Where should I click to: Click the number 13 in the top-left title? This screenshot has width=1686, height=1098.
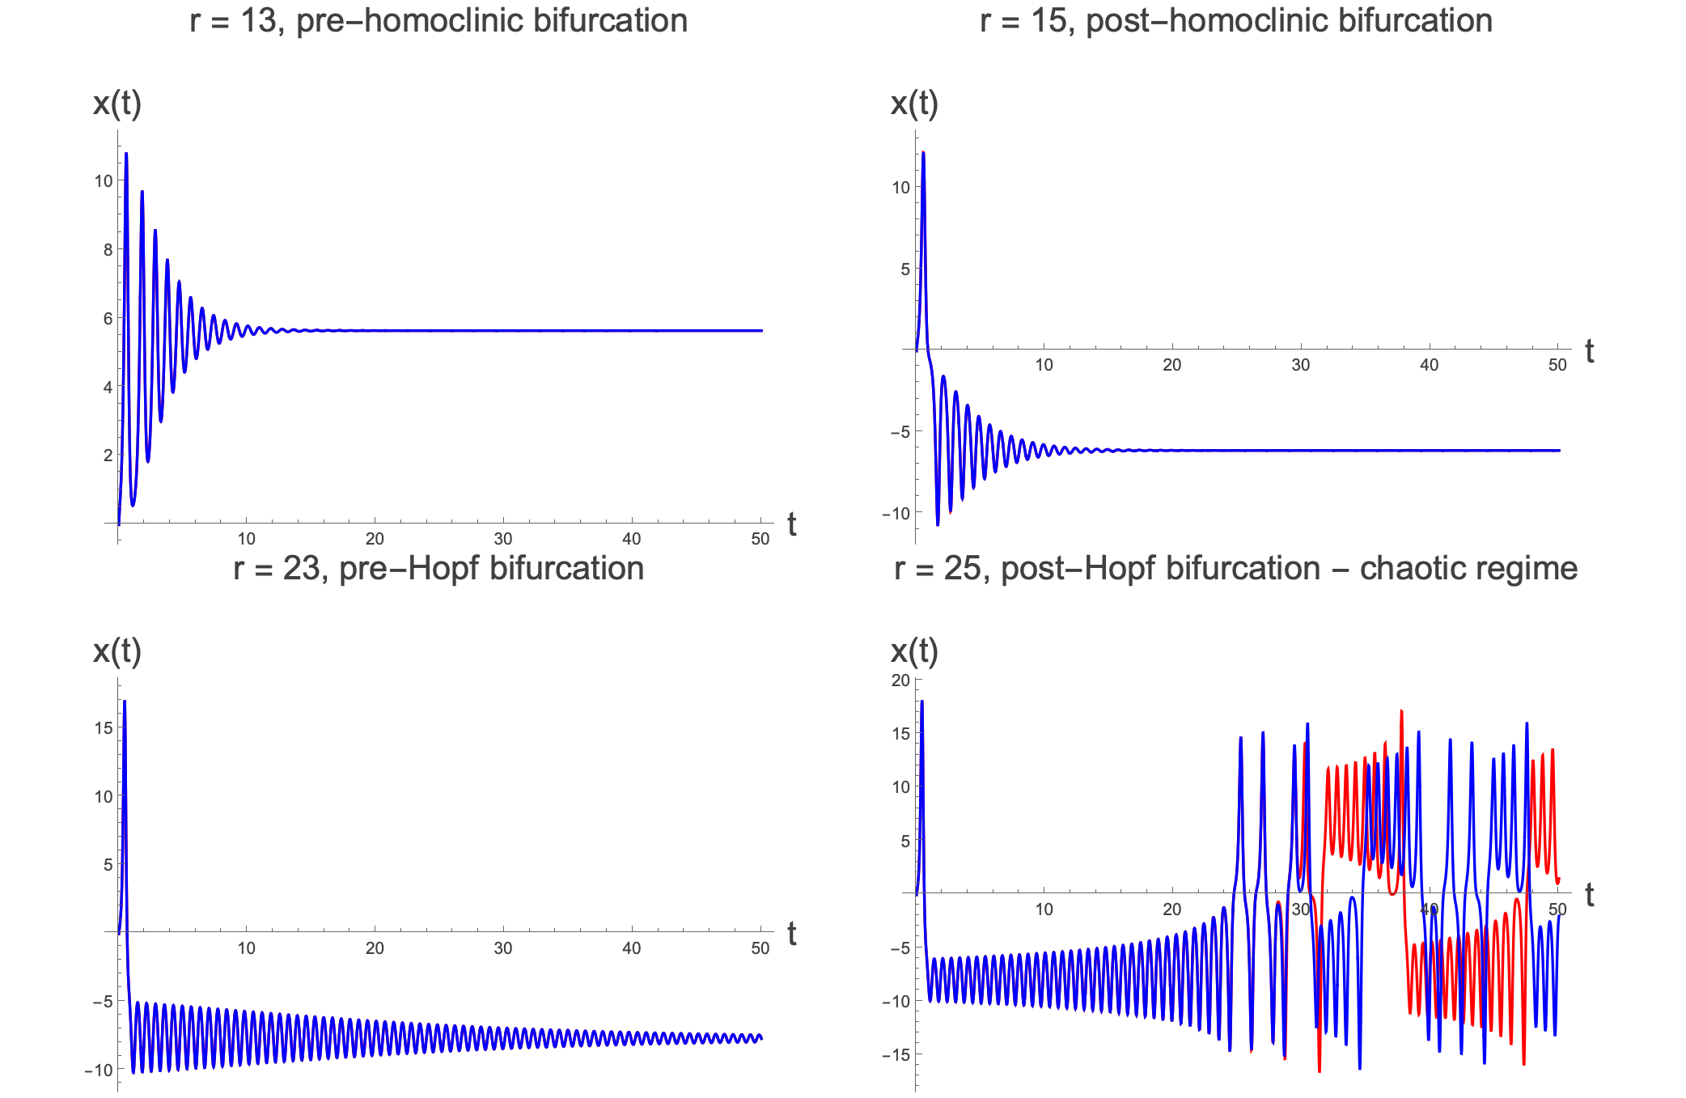259,21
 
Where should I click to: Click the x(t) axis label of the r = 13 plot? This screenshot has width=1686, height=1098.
117,104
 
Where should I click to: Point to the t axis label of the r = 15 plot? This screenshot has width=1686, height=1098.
1589,351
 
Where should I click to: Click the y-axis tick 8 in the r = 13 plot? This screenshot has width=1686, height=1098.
108,249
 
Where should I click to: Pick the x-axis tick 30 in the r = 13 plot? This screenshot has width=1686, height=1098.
502,539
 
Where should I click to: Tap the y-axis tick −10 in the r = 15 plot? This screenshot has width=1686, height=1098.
896,514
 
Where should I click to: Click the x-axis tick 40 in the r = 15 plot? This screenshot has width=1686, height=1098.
1429,365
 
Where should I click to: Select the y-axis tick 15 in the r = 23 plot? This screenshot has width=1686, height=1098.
104,727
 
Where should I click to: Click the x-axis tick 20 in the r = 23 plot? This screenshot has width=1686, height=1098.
375,948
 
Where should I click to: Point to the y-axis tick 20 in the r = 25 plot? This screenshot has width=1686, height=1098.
900,680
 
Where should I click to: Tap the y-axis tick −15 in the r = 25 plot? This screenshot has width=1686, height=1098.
896,1055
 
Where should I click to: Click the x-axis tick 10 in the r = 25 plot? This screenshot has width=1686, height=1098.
1044,909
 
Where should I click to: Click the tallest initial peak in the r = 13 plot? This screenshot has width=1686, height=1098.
125,154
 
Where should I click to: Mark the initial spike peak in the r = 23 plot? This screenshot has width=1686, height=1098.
125,702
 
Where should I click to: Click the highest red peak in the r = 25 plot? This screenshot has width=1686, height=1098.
1400,711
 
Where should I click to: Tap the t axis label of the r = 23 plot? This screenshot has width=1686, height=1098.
791,934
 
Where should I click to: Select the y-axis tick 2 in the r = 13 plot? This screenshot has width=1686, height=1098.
108,456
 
